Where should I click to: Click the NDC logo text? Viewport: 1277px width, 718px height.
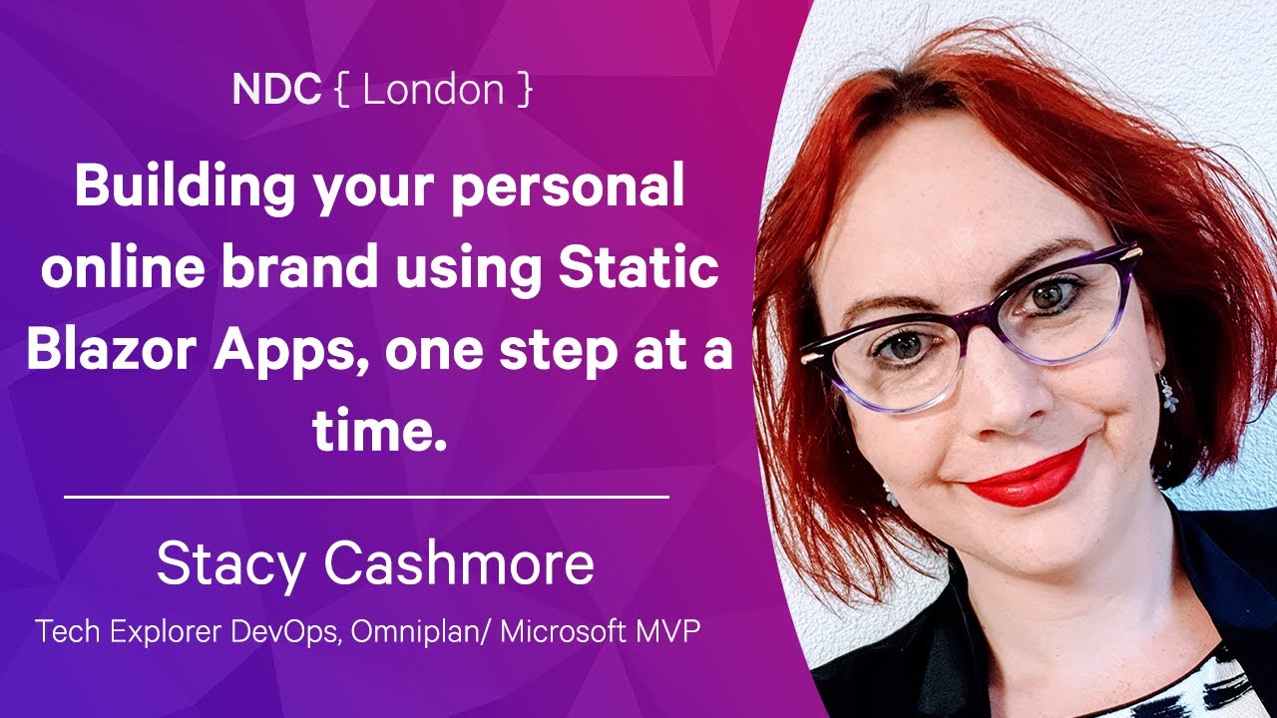[x=276, y=90]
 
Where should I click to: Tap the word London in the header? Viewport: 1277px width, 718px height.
[x=433, y=90]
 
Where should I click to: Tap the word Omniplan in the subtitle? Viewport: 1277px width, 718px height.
[x=416, y=631]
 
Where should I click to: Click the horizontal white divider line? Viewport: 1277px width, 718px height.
[x=366, y=498]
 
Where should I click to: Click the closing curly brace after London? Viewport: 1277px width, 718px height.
[x=525, y=90]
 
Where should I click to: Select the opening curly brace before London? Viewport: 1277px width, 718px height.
[x=342, y=90]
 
